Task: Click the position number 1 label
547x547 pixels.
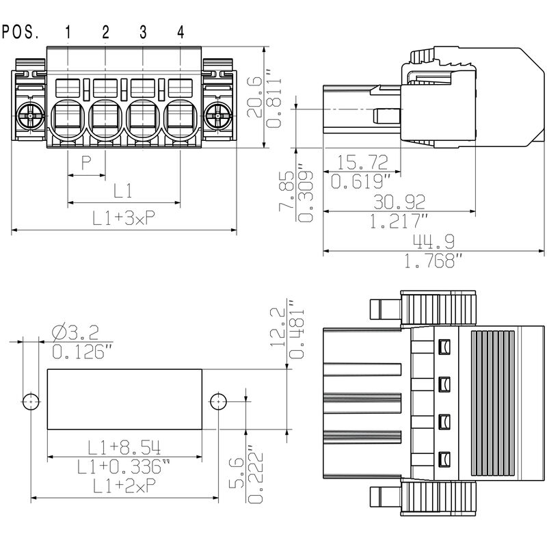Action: (x=68, y=31)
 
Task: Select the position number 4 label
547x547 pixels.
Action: (x=181, y=31)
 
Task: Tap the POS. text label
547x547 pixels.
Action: (x=21, y=31)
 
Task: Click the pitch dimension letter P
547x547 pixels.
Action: (x=86, y=163)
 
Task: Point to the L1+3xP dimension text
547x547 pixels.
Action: (x=124, y=218)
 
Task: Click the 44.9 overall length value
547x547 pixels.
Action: (x=432, y=241)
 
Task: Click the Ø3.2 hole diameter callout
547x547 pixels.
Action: (x=75, y=332)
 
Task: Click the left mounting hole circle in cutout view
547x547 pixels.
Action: (x=29, y=401)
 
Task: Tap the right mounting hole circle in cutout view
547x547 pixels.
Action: (x=218, y=401)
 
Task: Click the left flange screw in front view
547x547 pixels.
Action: (x=31, y=116)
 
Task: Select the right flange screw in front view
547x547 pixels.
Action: (x=218, y=116)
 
